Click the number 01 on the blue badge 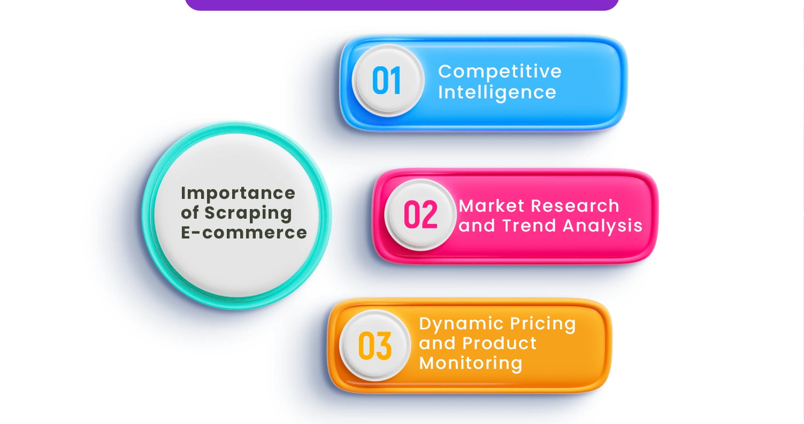click(386, 81)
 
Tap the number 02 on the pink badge click(420, 215)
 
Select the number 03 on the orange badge click(374, 346)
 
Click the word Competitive click(500, 72)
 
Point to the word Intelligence click(497, 92)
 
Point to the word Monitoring click(470, 363)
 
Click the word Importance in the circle click(238, 192)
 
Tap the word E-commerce click(244, 233)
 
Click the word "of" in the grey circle click(189, 213)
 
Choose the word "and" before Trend click(477, 226)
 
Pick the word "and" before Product click(437, 343)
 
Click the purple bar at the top click(402, 4)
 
